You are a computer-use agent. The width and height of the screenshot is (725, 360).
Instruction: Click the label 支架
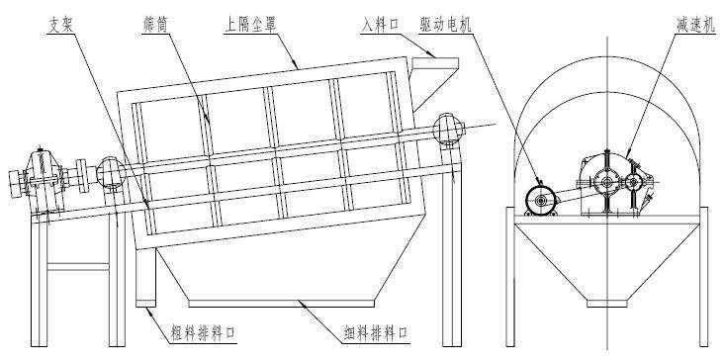[60, 26]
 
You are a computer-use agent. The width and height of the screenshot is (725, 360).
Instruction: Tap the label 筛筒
[154, 25]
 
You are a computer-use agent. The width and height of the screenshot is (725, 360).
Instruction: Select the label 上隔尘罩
[250, 25]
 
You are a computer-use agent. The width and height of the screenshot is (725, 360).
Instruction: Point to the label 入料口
[381, 25]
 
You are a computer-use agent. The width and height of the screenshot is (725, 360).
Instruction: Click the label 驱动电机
[446, 25]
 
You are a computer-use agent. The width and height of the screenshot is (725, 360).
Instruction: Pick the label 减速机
[695, 25]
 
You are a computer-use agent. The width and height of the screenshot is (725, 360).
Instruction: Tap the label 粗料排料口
[204, 332]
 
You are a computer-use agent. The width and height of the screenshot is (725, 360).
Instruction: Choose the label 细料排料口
[377, 332]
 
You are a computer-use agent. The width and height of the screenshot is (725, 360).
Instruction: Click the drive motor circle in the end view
[540, 200]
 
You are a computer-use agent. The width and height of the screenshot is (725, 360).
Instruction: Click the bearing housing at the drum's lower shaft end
[111, 174]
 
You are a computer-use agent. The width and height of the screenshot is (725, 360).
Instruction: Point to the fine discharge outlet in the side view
[281, 304]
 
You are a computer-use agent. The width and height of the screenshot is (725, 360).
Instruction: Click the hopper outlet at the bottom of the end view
[607, 304]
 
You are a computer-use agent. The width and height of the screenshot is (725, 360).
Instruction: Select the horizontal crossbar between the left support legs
[78, 267]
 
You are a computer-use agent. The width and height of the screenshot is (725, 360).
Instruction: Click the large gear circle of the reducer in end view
[606, 183]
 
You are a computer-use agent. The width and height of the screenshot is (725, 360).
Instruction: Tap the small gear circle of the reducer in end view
[633, 183]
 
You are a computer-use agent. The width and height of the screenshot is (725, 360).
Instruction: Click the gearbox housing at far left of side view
[42, 180]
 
